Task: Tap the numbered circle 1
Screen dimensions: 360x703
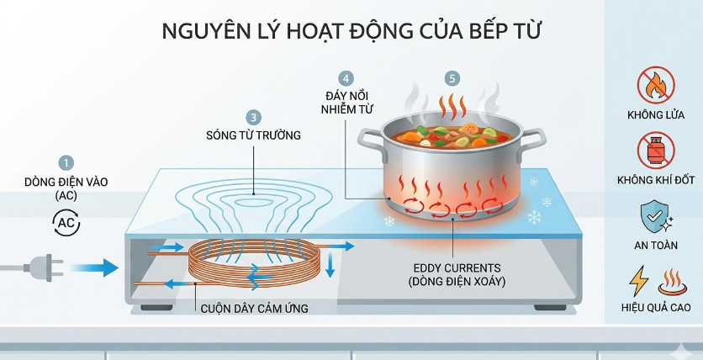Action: pos(67,162)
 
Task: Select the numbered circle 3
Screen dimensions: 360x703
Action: pos(253,117)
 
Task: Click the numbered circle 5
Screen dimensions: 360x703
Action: pos(453,78)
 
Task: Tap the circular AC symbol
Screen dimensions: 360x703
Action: pos(66,222)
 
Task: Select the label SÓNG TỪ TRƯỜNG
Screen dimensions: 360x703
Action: pos(253,135)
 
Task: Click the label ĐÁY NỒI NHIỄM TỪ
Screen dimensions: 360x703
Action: pos(348,102)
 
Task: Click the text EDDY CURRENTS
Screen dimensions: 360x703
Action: pos(455,269)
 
